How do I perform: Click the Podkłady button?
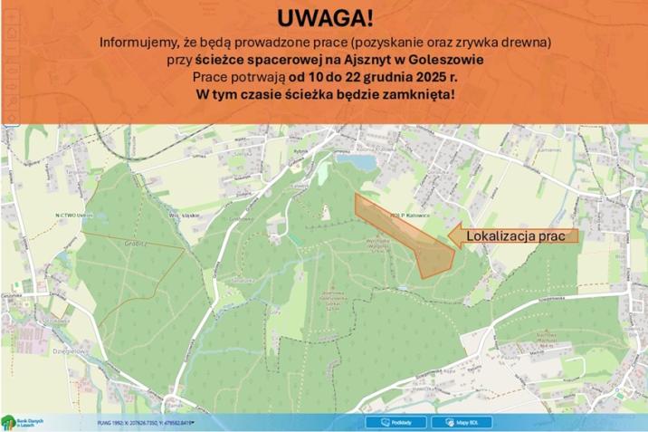(395, 422)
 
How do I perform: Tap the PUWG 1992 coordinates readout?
(146, 423)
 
